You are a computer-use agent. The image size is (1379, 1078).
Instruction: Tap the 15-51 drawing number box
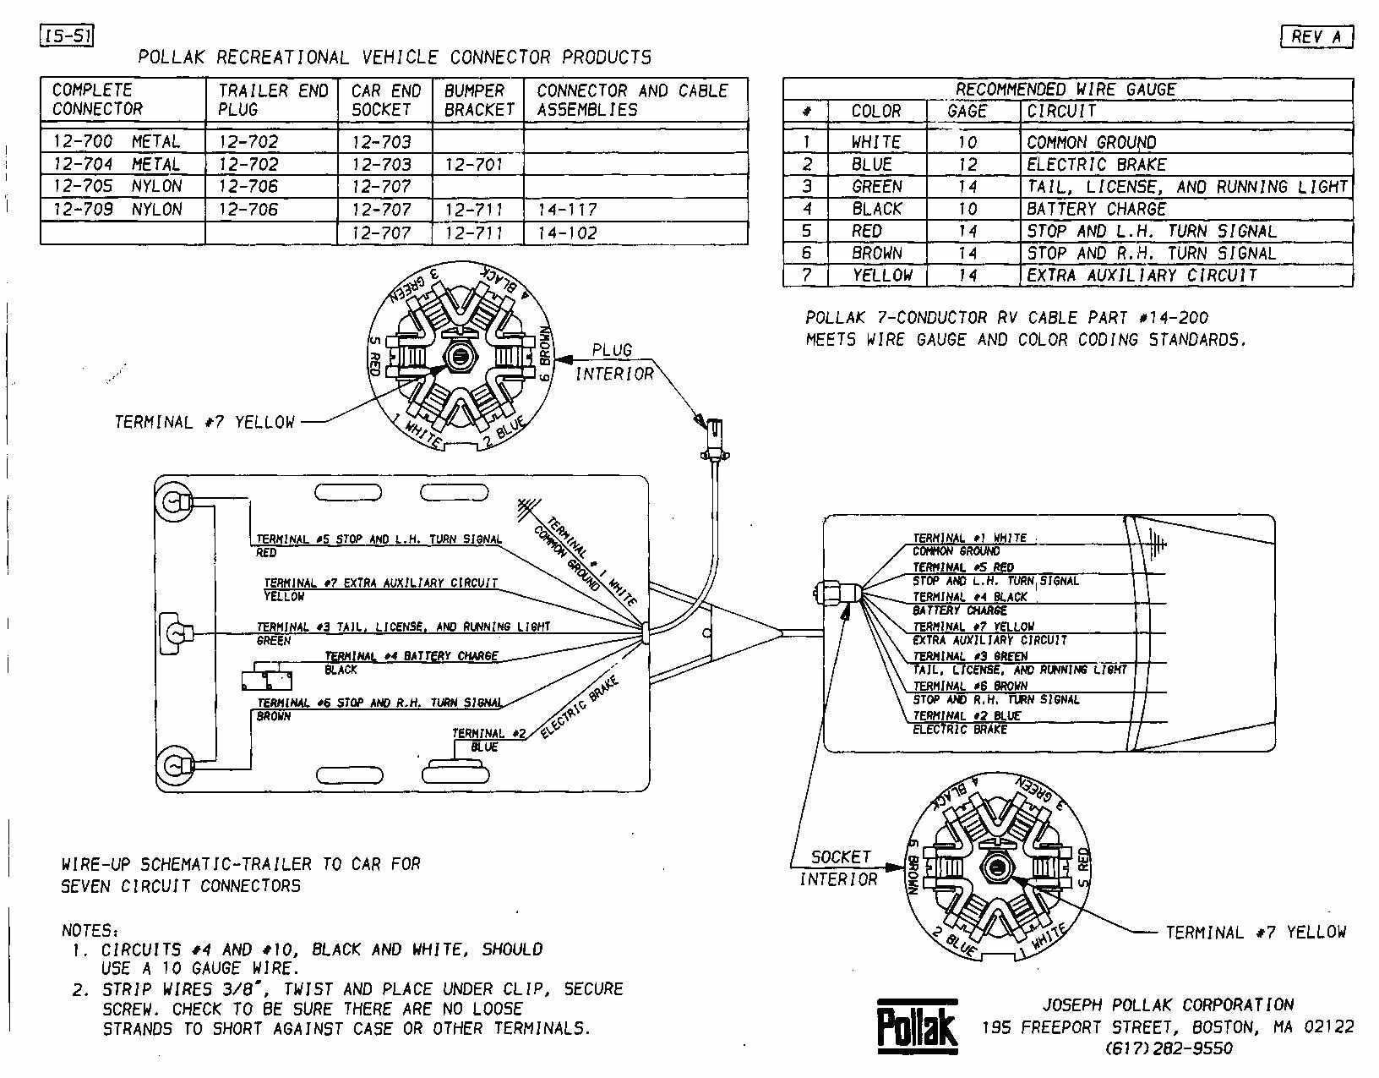[x=66, y=36]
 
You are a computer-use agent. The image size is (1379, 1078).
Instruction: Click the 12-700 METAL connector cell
[x=117, y=141]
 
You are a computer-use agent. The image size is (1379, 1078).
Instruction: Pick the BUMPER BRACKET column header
[x=478, y=100]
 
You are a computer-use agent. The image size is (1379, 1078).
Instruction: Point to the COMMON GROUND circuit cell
[x=1091, y=142]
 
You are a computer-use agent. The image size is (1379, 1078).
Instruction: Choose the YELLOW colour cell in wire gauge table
[x=881, y=275]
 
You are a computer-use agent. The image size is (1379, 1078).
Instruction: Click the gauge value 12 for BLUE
[x=967, y=164]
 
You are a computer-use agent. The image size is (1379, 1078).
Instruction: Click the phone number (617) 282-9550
[x=1169, y=1048]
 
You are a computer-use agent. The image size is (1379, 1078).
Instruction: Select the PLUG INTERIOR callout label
[x=613, y=361]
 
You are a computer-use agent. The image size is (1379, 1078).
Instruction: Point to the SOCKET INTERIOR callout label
[x=839, y=867]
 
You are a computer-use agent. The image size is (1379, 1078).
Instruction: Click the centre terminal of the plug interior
[x=460, y=356]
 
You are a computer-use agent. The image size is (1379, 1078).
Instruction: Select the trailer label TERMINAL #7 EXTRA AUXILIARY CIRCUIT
[x=380, y=583]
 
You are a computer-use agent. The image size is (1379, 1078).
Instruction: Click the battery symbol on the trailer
[x=266, y=681]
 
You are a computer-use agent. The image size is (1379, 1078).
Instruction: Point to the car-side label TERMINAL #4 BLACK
[x=969, y=596]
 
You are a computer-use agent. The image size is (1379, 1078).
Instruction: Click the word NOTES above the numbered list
[x=89, y=930]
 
